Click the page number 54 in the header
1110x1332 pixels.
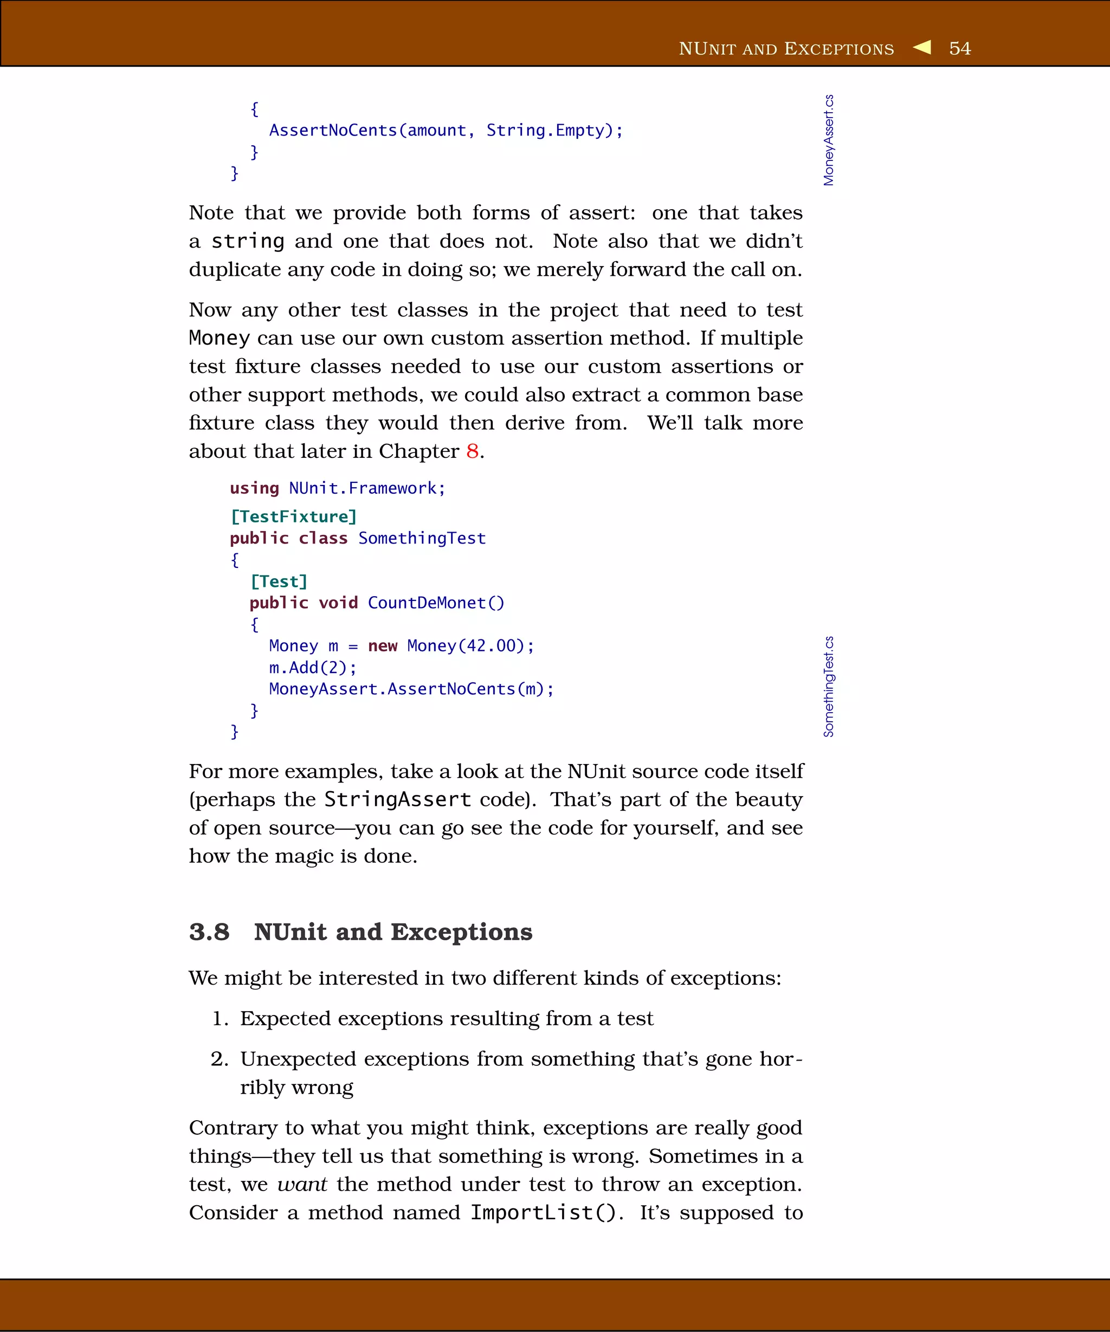click(x=960, y=48)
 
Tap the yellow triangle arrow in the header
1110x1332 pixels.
click(x=922, y=47)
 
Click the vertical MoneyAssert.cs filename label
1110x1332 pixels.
click(x=828, y=140)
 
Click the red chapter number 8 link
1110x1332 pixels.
click(x=472, y=451)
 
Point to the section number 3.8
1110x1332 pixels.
click(x=209, y=932)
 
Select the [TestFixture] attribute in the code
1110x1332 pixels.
click(x=293, y=516)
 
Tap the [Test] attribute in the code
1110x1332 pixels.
click(x=279, y=581)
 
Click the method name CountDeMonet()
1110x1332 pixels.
click(x=436, y=603)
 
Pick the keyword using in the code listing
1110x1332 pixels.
click(x=254, y=488)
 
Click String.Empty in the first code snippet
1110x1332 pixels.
click(x=545, y=130)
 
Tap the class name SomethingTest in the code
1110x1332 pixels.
click(x=422, y=538)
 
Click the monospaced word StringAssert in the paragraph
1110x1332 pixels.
click(x=398, y=799)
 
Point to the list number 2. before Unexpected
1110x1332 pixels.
click(x=220, y=1059)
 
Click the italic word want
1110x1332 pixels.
click(x=302, y=1184)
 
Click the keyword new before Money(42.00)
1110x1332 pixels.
click(x=383, y=646)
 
